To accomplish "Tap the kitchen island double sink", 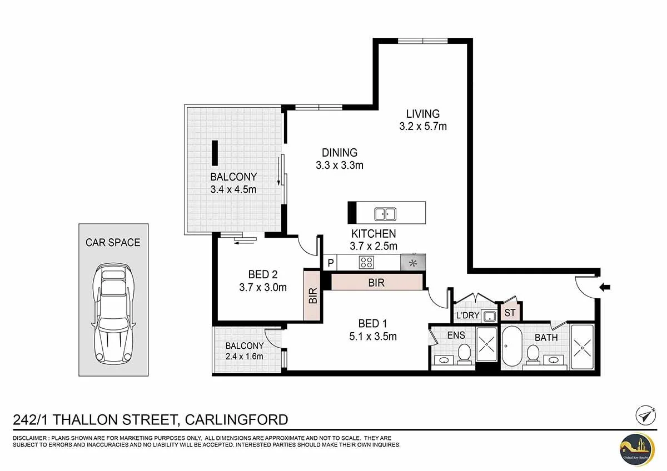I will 382,214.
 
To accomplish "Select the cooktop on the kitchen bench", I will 367,262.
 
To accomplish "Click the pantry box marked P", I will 331,262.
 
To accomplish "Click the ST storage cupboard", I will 510,313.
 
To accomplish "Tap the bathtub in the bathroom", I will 512,346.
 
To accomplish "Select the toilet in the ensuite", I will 465,351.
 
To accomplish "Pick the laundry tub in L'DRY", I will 489,317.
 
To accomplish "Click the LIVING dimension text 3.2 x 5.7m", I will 422,127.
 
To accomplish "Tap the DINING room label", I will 339,153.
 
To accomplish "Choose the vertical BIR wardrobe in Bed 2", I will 312,295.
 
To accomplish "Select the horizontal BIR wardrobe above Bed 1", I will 376,283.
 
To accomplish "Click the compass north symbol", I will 644,415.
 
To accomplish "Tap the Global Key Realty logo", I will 638,448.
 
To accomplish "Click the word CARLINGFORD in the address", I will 236,419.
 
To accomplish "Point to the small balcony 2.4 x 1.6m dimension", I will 244,357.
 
